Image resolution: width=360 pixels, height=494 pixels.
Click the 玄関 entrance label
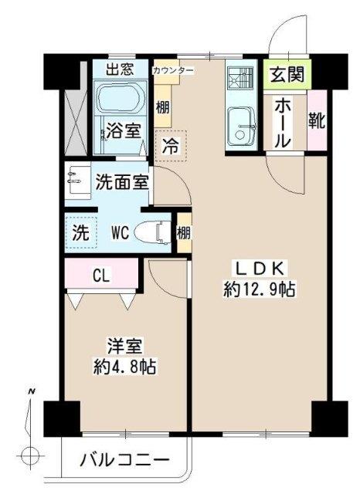(286, 76)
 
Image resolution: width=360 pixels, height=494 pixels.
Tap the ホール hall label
(283, 122)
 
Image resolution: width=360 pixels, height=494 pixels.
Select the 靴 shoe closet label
(316, 120)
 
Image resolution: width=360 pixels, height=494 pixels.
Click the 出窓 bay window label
(120, 69)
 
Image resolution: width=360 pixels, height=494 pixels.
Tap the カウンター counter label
(173, 70)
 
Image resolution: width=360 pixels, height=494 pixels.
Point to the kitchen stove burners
(241, 80)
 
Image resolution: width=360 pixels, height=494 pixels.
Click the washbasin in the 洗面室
(78, 182)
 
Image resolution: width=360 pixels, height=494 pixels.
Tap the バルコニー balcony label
(124, 460)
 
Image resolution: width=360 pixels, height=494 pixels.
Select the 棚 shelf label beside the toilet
(183, 232)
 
